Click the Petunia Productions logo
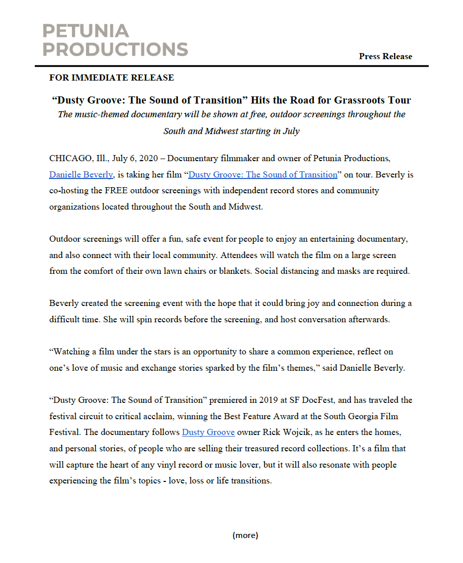(x=115, y=40)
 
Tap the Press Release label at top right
(x=385, y=56)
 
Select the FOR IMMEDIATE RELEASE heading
(x=112, y=78)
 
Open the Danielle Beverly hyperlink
(x=81, y=174)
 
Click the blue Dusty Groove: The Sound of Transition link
(x=263, y=174)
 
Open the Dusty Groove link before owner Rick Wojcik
(x=208, y=432)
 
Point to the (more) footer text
(x=245, y=535)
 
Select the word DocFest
(x=318, y=400)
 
